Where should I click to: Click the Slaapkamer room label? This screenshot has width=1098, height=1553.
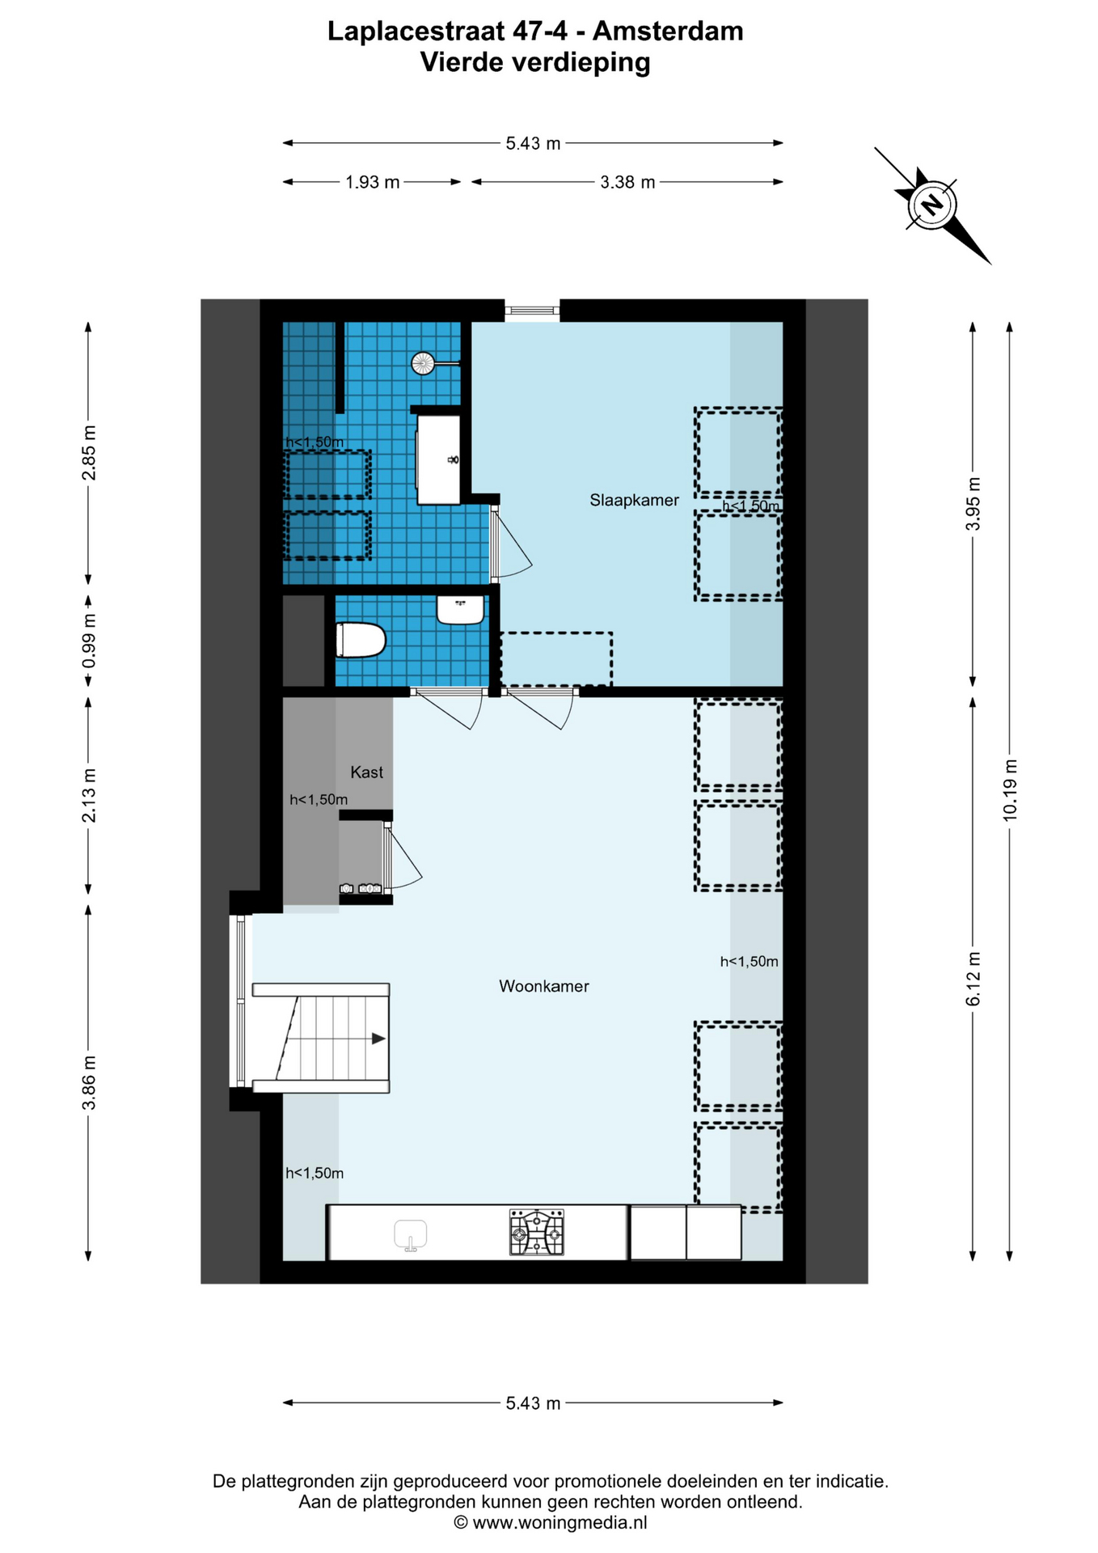[x=634, y=501]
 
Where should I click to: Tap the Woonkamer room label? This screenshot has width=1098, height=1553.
[x=543, y=986]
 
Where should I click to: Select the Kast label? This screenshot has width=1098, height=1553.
[x=366, y=772]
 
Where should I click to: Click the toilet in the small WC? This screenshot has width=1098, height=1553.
[x=361, y=640]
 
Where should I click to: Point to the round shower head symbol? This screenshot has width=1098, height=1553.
[x=423, y=363]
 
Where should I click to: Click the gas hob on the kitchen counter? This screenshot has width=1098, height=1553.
[x=536, y=1232]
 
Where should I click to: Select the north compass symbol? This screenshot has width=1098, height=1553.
[x=932, y=205]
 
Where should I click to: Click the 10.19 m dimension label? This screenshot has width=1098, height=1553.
[x=1010, y=790]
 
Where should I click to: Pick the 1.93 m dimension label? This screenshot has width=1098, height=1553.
[x=372, y=183]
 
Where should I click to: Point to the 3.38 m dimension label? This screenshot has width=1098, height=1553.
[x=627, y=183]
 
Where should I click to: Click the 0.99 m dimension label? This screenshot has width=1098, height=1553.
[x=89, y=641]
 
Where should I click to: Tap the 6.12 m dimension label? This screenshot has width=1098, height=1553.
[x=973, y=979]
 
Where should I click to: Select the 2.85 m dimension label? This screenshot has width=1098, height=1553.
[x=89, y=453]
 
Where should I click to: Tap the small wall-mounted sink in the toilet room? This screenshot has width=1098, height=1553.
[x=461, y=610]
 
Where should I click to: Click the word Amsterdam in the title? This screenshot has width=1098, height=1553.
[x=668, y=32]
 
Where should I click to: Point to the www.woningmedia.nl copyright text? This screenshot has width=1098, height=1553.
[x=550, y=1523]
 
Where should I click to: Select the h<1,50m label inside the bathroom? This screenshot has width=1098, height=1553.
[x=315, y=442]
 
